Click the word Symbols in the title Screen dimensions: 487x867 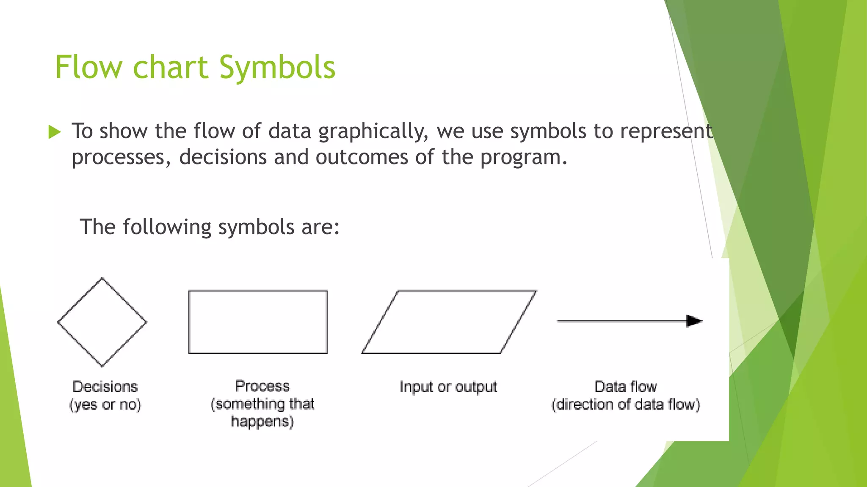pos(277,68)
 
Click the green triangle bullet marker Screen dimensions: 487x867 pos(55,132)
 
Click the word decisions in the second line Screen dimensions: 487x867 pos(223,157)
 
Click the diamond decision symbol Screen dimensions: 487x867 pos(102,322)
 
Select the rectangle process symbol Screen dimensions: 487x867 pos(258,322)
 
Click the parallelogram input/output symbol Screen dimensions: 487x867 pos(449,322)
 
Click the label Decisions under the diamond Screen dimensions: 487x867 pos(105,386)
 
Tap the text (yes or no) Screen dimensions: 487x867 pos(105,405)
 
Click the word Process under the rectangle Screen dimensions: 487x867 pos(262,386)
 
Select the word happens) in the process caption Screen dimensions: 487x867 pos(262,421)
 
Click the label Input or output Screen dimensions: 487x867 pos(448,387)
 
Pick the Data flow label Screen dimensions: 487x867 pos(625,386)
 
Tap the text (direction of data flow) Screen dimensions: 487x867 pos(625,405)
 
